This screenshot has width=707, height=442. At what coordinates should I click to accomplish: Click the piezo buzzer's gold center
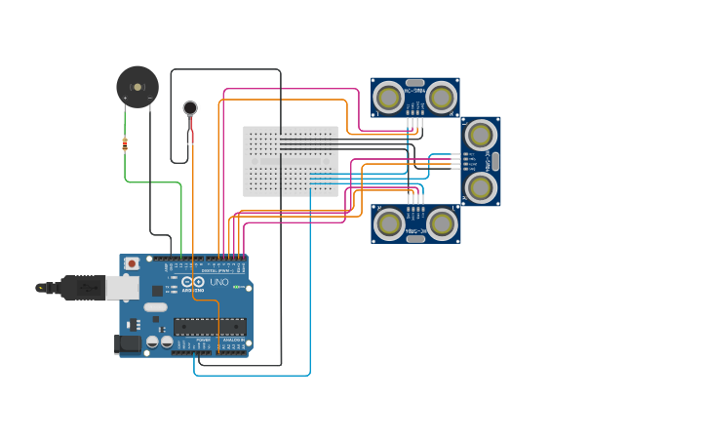[x=137, y=87]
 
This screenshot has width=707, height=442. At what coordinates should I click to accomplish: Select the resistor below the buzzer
[x=125, y=143]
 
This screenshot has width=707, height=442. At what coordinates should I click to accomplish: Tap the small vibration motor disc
[x=190, y=107]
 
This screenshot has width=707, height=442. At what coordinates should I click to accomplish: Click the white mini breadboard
[x=291, y=161]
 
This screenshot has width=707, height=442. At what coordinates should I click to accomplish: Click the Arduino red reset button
[x=132, y=263]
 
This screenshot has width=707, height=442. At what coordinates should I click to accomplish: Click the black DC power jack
[x=126, y=343]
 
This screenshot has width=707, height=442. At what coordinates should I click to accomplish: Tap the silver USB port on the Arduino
[x=122, y=287]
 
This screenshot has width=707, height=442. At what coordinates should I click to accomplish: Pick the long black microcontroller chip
[x=210, y=326]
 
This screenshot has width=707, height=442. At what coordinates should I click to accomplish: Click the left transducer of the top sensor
[x=389, y=98]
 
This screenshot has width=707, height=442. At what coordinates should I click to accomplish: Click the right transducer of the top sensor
[x=441, y=98]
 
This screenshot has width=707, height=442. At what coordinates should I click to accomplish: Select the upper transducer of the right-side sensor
[x=480, y=135]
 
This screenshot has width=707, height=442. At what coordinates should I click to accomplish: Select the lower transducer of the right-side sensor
[x=480, y=186]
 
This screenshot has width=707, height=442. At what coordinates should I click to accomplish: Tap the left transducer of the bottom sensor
[x=389, y=223]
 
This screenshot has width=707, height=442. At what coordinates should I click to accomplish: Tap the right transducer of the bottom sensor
[x=442, y=223]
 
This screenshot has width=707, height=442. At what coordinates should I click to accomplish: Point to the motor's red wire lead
[x=192, y=133]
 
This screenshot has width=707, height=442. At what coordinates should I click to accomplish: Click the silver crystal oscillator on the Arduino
[x=156, y=307]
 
